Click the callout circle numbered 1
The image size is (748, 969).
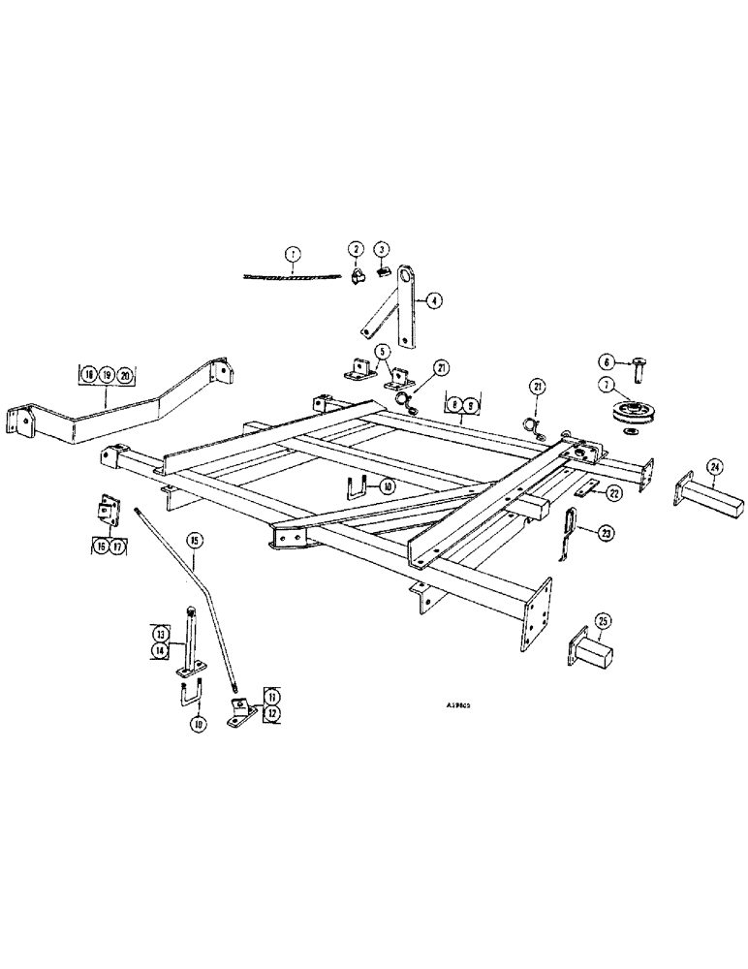pyautogui.click(x=292, y=255)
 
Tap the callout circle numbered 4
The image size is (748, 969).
pyautogui.click(x=435, y=301)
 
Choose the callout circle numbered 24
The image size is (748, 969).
pyautogui.click(x=714, y=468)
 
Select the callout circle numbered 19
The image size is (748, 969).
pyautogui.click(x=107, y=373)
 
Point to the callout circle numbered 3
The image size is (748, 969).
pyautogui.click(x=383, y=249)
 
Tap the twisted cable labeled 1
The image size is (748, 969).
pyautogui.click(x=291, y=276)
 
